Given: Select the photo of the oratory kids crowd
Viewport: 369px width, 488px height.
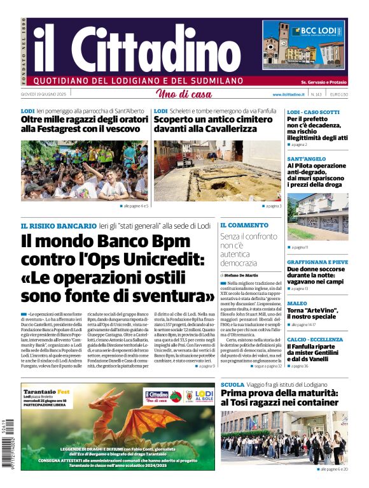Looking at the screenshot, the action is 85,171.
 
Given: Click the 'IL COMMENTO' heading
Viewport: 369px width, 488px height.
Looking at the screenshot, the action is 244,226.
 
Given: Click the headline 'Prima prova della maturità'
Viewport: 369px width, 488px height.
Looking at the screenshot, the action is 283,394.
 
